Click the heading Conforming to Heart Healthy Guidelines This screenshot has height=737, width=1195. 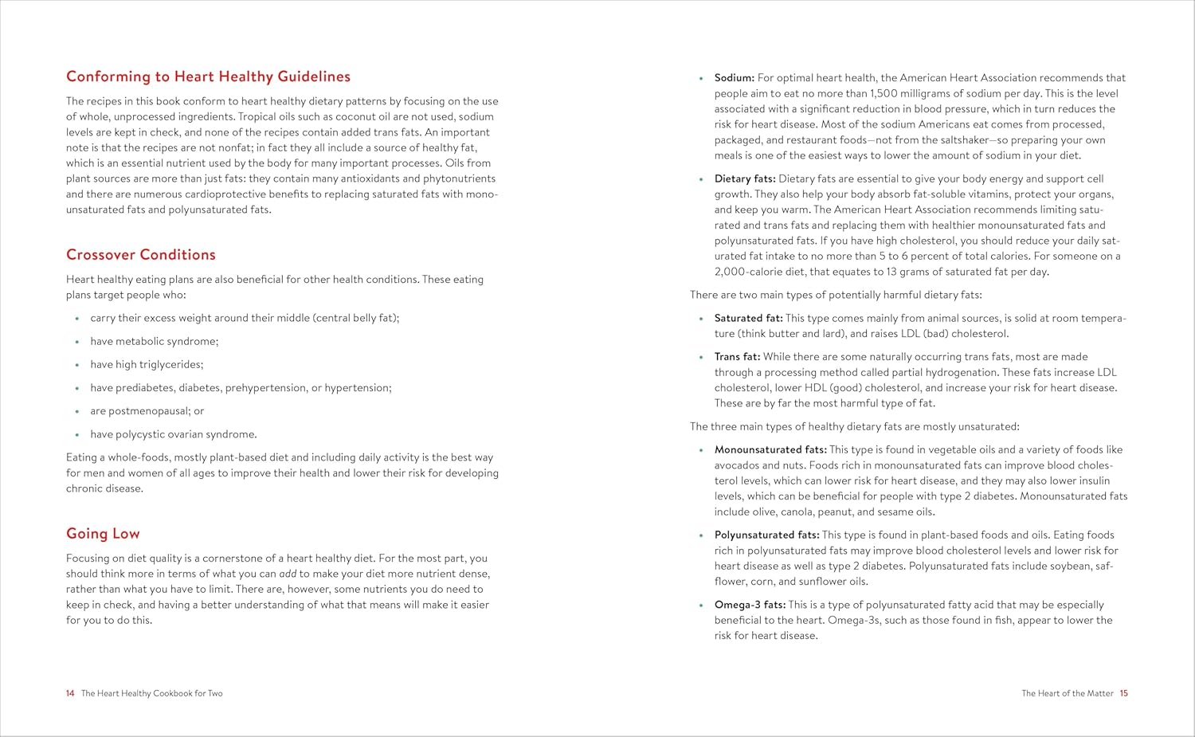(x=208, y=76)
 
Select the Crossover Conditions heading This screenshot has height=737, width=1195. (x=141, y=255)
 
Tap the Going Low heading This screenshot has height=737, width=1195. (x=103, y=534)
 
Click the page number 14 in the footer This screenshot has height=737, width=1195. (x=70, y=693)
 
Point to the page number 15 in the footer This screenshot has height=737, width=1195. (x=1123, y=693)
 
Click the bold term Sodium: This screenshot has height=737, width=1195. (x=734, y=78)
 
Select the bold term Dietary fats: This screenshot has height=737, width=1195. (x=745, y=179)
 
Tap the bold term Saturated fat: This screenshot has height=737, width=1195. (x=748, y=318)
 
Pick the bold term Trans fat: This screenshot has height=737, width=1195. (x=737, y=357)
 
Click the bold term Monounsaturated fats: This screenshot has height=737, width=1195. (x=770, y=450)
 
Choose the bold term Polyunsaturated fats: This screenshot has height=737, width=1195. (x=766, y=535)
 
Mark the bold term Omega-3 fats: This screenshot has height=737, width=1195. (x=750, y=606)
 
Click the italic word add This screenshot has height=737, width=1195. (x=288, y=574)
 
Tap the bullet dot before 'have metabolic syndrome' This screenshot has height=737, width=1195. (x=77, y=342)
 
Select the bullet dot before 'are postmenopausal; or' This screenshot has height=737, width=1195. (x=77, y=412)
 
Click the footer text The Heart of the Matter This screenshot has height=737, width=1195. (x=1067, y=693)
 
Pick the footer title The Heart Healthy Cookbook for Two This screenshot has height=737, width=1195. (x=151, y=693)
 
